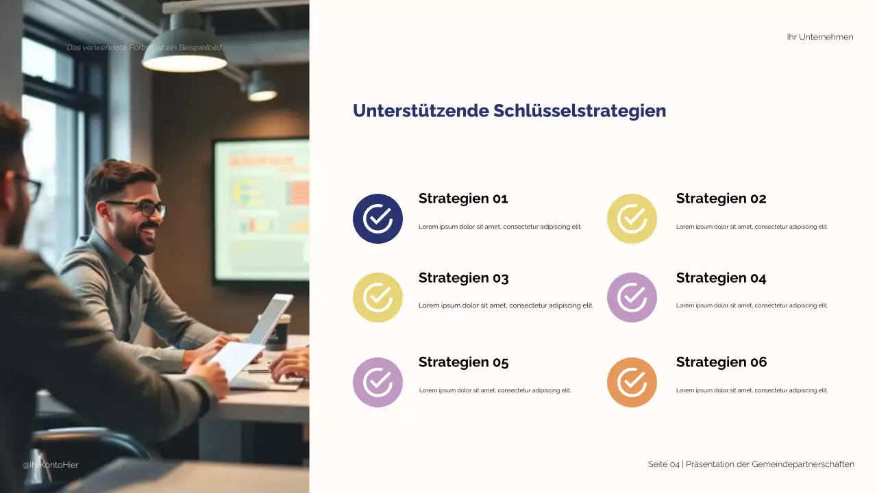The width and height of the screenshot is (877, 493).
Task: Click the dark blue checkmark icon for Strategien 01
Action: point(378,218)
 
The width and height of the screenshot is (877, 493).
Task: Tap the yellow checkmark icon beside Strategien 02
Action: point(632,218)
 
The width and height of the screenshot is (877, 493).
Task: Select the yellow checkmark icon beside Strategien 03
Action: point(378,297)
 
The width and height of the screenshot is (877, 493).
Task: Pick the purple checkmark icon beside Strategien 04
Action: point(632,297)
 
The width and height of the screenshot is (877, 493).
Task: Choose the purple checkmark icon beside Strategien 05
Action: point(378,382)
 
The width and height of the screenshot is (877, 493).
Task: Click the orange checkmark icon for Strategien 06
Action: point(632,382)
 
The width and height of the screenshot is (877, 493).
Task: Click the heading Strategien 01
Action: point(463,199)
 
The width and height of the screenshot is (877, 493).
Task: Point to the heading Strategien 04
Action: point(721,278)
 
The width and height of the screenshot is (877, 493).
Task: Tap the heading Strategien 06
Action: point(721,362)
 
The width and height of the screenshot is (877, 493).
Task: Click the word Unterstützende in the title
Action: point(421,111)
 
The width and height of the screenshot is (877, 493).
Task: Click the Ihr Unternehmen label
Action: point(820,37)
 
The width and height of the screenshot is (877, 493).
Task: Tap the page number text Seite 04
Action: point(663,464)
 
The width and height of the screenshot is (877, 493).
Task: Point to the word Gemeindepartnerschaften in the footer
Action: point(803,464)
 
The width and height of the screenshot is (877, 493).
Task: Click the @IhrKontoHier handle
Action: point(51,465)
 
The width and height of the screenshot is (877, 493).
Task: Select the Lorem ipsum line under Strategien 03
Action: point(506,305)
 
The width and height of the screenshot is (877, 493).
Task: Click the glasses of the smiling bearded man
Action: point(140,207)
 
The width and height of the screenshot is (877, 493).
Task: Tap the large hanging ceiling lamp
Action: point(184,56)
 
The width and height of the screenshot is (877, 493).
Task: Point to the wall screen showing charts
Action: point(261,209)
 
